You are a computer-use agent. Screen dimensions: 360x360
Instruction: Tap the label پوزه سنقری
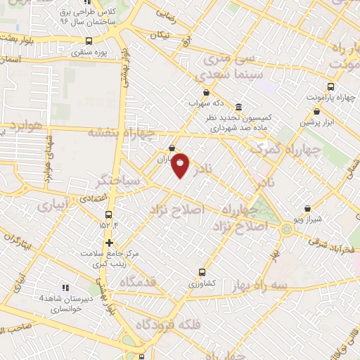coord(91,52)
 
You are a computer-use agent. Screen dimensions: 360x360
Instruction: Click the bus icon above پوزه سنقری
coord(89,41)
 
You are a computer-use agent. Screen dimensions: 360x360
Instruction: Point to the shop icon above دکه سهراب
coord(205,92)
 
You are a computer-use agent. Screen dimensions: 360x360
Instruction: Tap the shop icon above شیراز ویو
coord(307,208)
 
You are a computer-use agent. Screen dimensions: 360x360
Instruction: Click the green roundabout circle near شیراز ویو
coord(286,229)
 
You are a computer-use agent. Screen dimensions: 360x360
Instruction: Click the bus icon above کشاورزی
coord(202,272)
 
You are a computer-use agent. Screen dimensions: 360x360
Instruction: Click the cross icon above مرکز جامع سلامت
coord(109,243)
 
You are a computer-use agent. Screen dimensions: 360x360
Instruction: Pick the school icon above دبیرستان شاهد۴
coord(65,288)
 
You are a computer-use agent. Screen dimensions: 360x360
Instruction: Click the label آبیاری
coord(53,205)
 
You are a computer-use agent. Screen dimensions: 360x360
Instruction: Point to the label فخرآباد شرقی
coord(335,250)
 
